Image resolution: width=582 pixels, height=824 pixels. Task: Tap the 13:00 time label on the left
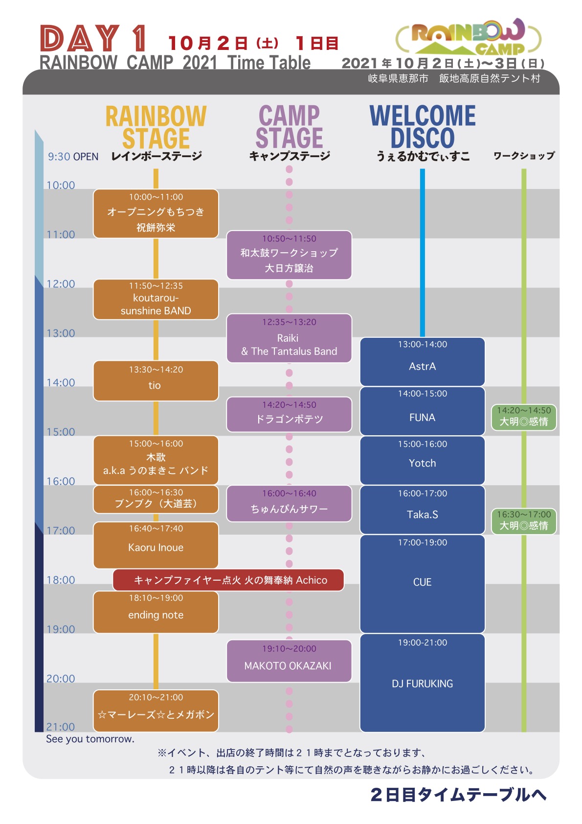pos(61,333)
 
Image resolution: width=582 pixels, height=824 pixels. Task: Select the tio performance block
pos(156,381)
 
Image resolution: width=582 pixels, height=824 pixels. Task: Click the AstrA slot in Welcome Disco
pos(422,362)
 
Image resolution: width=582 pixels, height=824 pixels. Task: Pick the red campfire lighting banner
pos(228,580)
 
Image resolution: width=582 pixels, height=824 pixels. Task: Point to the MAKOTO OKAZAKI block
pos(289,661)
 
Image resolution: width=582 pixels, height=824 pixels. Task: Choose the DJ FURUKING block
pos(422,683)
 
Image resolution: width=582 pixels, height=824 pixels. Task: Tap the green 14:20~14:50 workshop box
pos(524,417)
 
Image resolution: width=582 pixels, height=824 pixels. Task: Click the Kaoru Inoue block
pos(156,545)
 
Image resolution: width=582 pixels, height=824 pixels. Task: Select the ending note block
pos(156,612)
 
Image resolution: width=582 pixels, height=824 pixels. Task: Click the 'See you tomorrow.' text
pos(90,739)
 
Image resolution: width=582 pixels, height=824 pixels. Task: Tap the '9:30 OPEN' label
pos(73,157)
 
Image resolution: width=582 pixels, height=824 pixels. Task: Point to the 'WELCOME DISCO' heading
pos(423,126)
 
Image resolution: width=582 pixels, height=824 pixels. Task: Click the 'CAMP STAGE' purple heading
pos(289,126)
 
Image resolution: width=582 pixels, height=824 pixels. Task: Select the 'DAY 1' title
pos(93,38)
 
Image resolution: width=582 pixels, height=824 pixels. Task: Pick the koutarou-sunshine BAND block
pos(156,300)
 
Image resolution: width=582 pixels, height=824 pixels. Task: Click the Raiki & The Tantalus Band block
pos(289,338)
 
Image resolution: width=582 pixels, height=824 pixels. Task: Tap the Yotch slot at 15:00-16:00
pos(422,460)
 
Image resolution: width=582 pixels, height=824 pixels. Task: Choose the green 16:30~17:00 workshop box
pos(524,521)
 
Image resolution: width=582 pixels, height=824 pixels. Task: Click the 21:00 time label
pos(61,727)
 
